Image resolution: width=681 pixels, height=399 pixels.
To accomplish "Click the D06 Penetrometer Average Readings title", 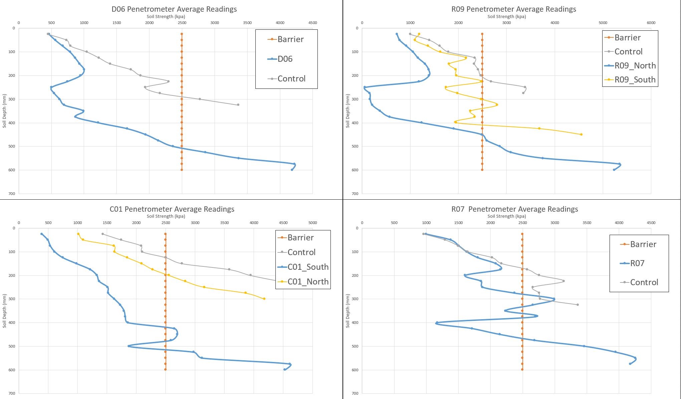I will click(x=174, y=9).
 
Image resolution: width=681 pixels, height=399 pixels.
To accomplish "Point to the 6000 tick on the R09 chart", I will click(x=651, y=23).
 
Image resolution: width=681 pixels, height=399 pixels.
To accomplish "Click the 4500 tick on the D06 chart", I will click(x=312, y=23).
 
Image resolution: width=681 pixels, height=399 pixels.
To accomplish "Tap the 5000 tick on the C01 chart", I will click(x=312, y=223).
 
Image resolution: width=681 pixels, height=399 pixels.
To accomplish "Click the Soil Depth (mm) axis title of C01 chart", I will click(x=4, y=311).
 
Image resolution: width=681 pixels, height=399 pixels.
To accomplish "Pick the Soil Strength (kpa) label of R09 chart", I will click(x=506, y=16).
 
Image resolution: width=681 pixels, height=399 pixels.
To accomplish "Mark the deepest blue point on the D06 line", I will click(x=292, y=170).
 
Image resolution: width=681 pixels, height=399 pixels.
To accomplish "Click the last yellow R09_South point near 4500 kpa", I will click(x=581, y=135).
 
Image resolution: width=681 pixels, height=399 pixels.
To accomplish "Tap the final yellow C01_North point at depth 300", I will click(x=264, y=299).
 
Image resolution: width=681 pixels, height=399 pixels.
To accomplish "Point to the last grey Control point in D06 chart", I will click(x=238, y=105).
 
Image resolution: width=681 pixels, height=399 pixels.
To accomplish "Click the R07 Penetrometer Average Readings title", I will click(x=514, y=209).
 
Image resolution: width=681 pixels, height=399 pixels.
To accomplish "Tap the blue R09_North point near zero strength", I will click(x=365, y=87).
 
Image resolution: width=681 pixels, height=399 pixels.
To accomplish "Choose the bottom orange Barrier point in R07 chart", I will click(x=522, y=370).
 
